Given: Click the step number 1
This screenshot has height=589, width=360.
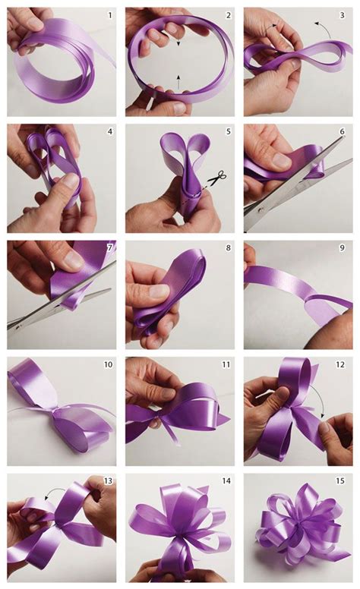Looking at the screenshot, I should (110, 14).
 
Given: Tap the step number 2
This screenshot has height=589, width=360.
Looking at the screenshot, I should (228, 14).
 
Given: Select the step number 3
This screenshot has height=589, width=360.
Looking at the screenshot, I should (346, 14).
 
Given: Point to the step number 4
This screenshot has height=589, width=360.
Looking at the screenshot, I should (110, 131).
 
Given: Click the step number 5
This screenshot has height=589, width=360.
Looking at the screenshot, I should (228, 131).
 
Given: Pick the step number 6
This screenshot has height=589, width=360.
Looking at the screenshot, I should (346, 131).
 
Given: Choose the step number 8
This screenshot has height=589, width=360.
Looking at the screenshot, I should (228, 248).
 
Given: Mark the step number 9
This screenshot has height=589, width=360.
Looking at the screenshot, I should (346, 248).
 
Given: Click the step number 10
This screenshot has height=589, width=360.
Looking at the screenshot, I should (108, 365).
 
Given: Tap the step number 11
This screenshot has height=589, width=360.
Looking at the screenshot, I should (226, 365).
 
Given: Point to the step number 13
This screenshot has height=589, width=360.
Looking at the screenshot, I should (108, 481).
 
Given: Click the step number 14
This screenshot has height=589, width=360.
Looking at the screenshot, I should (226, 481).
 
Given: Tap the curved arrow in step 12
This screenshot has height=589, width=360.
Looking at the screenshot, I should (324, 410).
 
